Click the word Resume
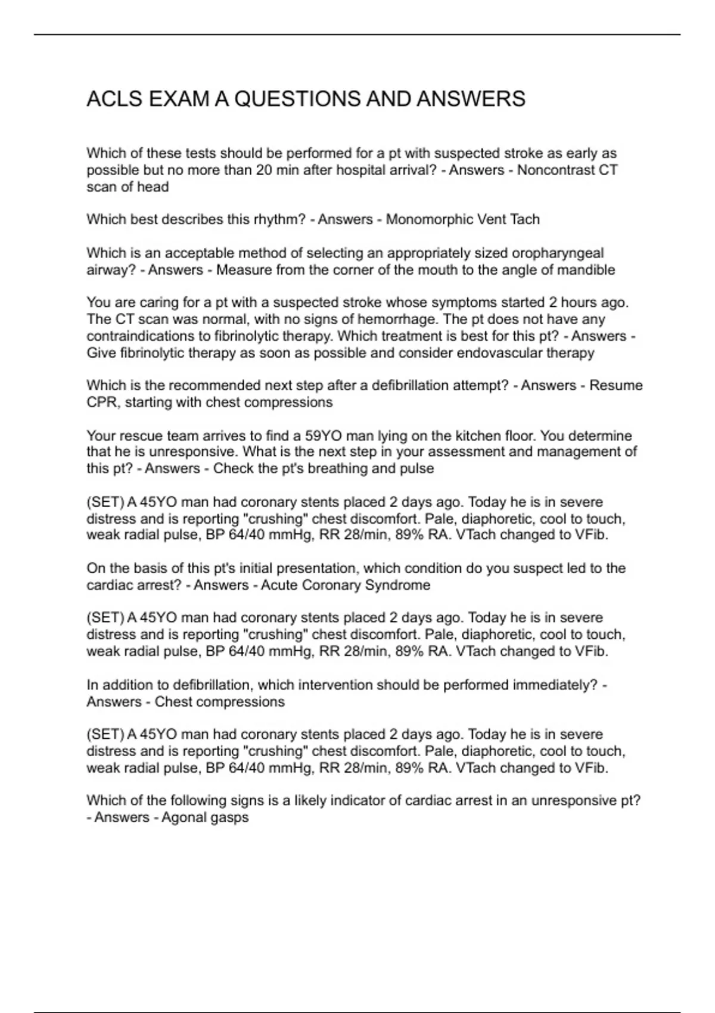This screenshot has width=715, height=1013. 615,386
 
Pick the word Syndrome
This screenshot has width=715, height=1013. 397,585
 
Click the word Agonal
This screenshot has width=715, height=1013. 184,818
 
